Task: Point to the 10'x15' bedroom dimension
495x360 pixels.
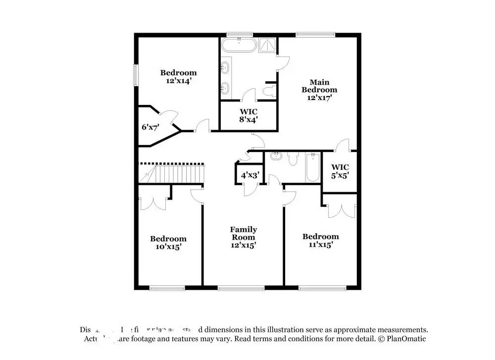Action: pos(168,246)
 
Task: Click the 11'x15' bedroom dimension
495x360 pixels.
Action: pos(320,244)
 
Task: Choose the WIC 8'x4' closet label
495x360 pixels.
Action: pos(248,115)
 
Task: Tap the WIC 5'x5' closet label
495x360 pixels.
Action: pos(340,171)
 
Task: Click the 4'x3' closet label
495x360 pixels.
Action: pos(249,176)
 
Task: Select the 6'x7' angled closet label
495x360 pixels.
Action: pos(150,127)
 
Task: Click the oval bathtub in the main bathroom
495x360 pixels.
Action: pos(239,46)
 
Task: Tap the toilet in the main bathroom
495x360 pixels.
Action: pos(269,91)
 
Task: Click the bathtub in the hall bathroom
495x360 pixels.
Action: pos(312,168)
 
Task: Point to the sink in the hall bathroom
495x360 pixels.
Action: pos(276,157)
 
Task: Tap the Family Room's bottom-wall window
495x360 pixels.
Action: pos(234,288)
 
